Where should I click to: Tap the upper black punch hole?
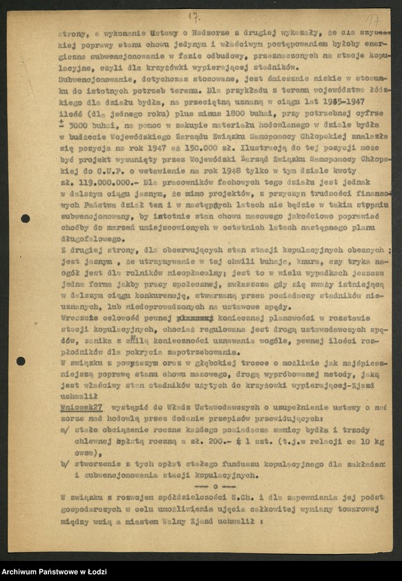point(26,219)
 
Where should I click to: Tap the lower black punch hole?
point(21,361)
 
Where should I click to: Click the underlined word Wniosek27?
point(82,408)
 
